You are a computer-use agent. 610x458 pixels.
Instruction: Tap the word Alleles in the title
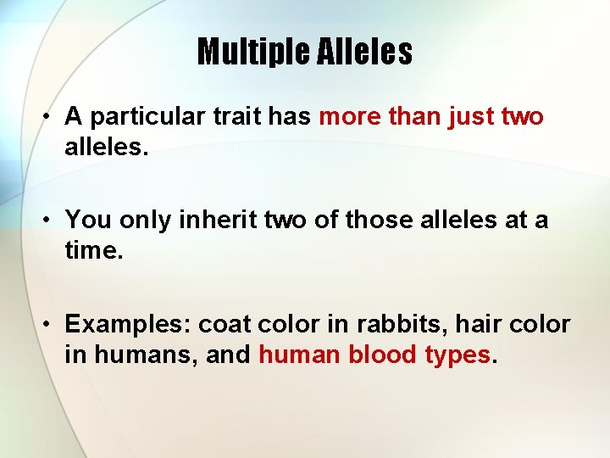pyautogui.click(x=365, y=52)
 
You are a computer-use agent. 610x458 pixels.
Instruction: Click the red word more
pyautogui.click(x=350, y=117)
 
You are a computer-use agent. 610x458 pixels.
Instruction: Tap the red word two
pyautogui.click(x=523, y=117)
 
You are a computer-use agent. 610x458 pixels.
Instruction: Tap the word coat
pyautogui.click(x=225, y=324)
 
